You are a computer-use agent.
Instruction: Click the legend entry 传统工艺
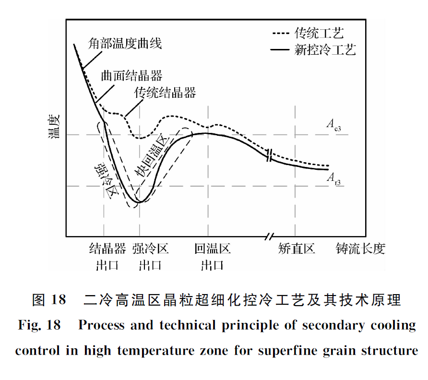[319, 33]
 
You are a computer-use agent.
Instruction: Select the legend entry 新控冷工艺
[325, 49]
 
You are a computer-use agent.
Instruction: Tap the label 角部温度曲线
[125, 43]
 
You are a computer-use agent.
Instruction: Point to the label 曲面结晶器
[131, 75]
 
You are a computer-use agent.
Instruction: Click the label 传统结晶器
[165, 93]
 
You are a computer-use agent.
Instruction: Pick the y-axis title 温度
[53, 126]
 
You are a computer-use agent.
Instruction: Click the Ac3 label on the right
[334, 125]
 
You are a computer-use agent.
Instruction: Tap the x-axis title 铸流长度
[360, 249]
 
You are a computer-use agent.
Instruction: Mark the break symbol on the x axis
[270, 236]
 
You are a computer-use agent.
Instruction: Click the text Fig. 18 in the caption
[39, 325]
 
